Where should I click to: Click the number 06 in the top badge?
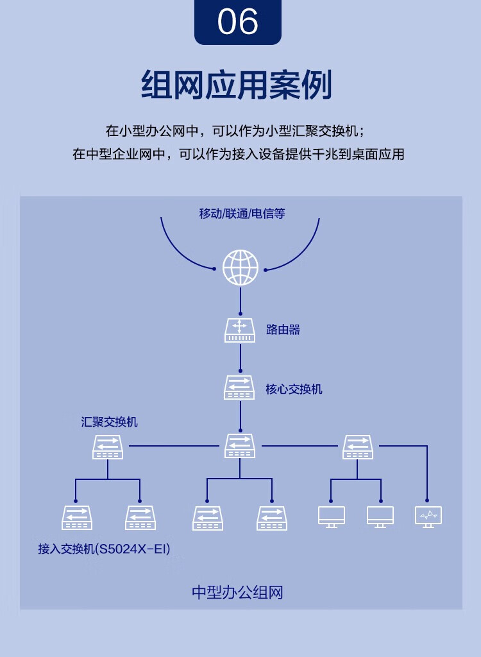[237, 22]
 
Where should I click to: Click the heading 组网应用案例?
[237, 85]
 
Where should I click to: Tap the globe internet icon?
[240, 268]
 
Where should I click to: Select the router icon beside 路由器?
[240, 330]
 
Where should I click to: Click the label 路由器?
[283, 330]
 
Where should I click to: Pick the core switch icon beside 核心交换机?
[239, 388]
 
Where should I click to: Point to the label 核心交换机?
[294, 389]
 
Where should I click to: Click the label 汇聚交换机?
[110, 422]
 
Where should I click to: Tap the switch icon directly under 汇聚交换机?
[108, 447]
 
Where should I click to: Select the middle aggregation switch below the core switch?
[240, 446]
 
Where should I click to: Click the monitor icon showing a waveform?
[428, 517]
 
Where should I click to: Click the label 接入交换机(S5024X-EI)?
[105, 549]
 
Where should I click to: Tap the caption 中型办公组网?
[237, 592]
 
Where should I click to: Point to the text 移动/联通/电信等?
[242, 214]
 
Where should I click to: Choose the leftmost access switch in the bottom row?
[77, 518]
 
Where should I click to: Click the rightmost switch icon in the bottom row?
[271, 518]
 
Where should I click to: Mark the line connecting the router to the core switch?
[240, 357]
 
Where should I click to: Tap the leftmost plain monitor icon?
[332, 517]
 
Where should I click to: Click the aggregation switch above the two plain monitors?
[357, 447]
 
